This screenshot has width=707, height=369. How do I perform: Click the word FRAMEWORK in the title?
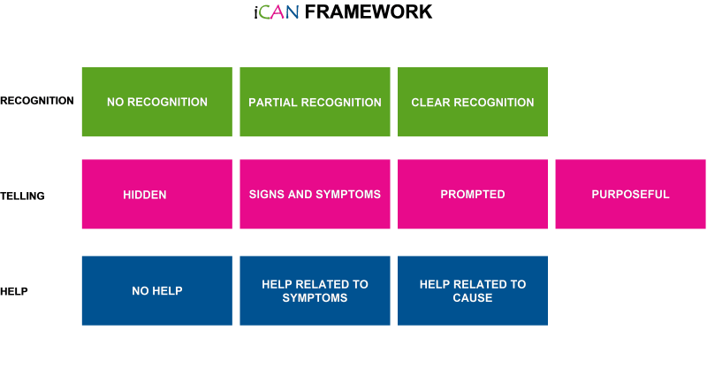(x=369, y=12)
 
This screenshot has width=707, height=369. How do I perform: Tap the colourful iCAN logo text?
(x=277, y=12)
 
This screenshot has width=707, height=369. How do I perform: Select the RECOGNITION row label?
(x=37, y=101)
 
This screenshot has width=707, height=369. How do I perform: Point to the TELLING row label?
(x=23, y=196)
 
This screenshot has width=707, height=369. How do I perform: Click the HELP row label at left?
(x=14, y=291)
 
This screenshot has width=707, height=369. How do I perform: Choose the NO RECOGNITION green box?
(x=157, y=102)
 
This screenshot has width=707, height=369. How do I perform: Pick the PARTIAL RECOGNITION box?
(x=315, y=102)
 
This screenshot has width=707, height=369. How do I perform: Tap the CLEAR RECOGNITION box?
(x=473, y=102)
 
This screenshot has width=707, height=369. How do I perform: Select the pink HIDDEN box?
(x=157, y=194)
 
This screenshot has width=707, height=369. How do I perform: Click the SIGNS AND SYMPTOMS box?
(x=315, y=194)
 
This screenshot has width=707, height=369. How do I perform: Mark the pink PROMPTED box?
(x=473, y=194)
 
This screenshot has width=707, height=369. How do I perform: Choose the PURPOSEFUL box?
(x=630, y=194)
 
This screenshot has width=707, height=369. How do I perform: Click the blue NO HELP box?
(x=157, y=290)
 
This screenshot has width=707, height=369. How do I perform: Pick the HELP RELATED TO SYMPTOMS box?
(x=315, y=290)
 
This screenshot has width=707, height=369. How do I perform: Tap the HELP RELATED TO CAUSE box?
(x=473, y=290)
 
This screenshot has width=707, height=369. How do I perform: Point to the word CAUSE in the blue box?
(x=473, y=298)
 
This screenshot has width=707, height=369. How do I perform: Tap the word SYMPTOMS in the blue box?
(x=315, y=298)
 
